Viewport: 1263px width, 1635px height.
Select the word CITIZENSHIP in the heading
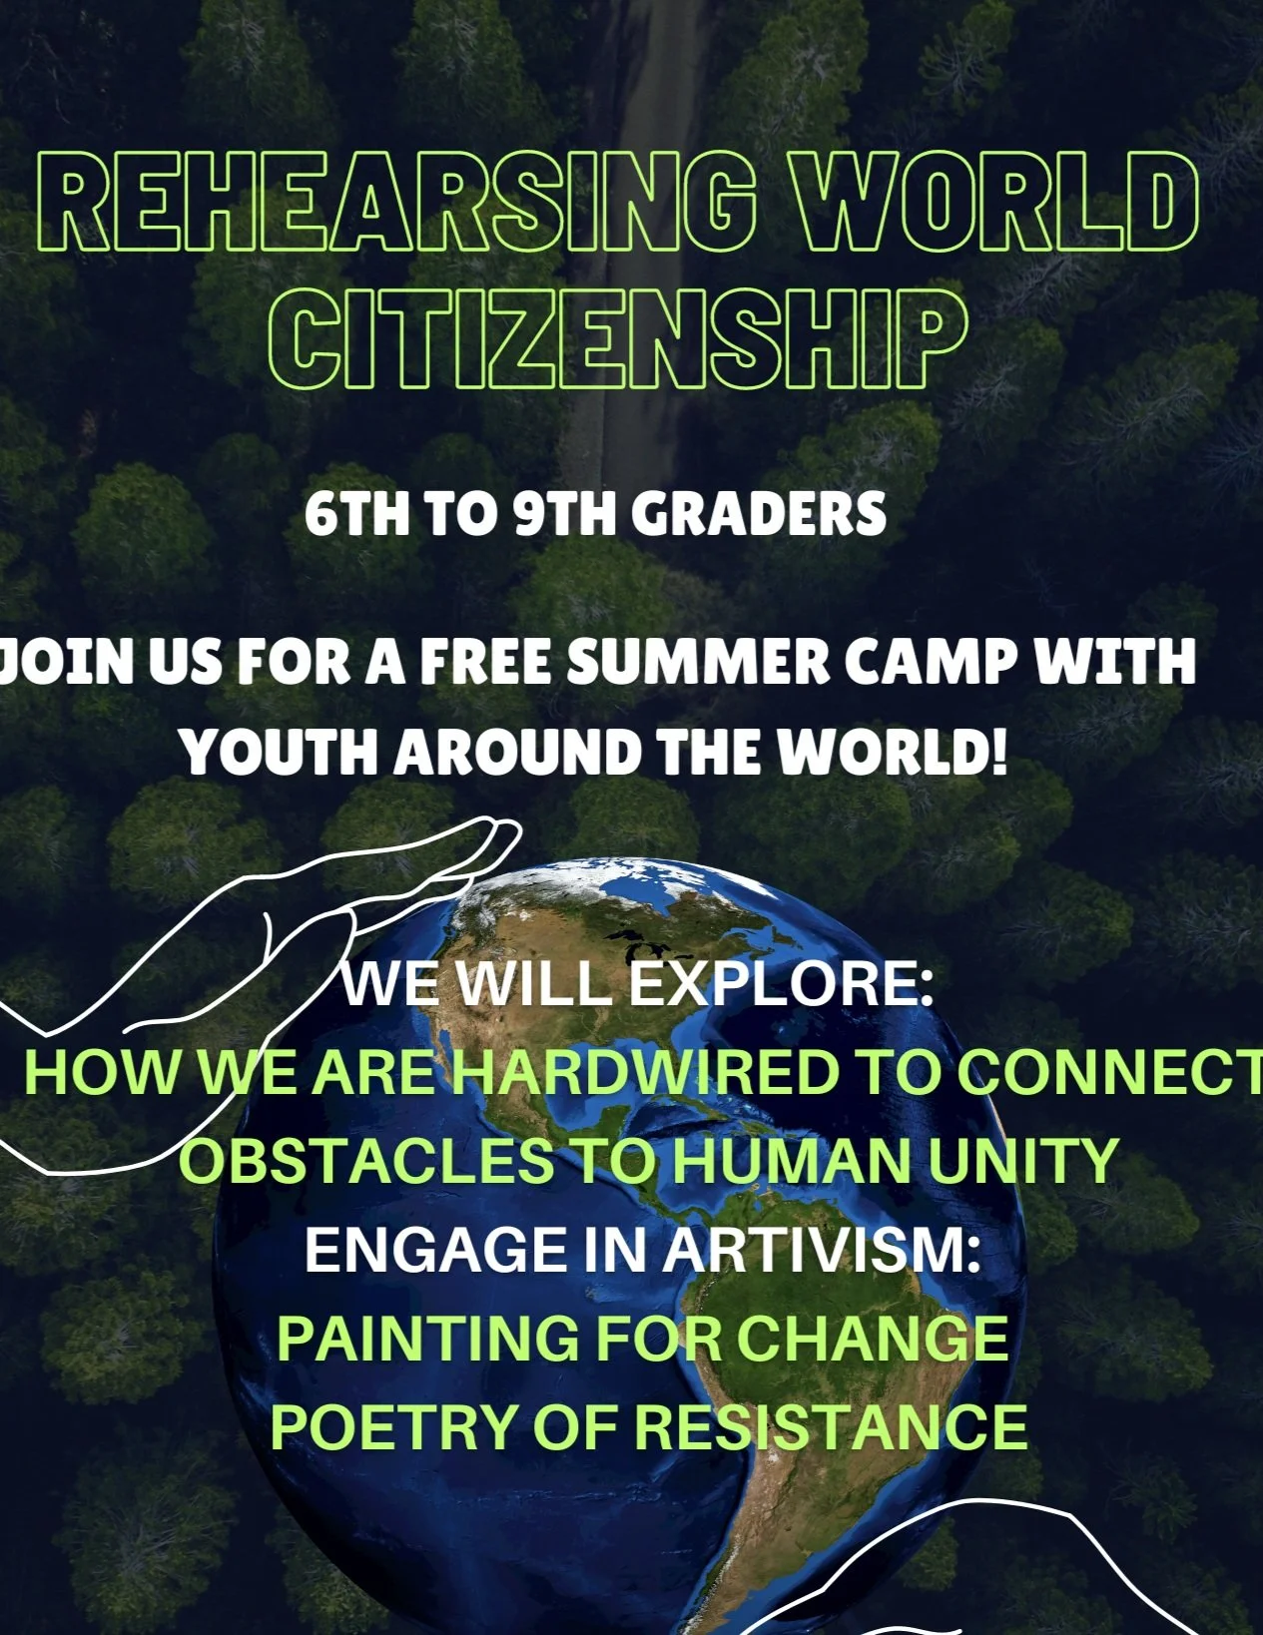click(x=619, y=339)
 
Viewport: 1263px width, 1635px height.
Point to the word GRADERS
click(x=758, y=514)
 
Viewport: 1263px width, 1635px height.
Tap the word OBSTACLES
click(x=365, y=1161)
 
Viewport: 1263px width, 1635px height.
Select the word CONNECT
click(x=1108, y=1073)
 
